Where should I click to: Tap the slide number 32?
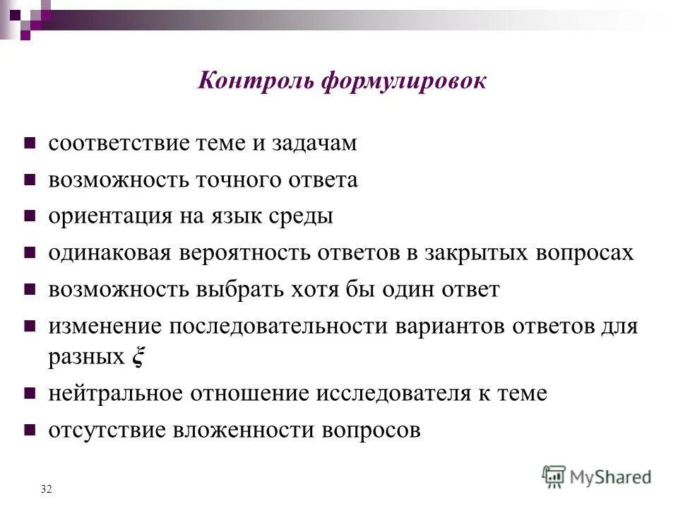[x=47, y=489]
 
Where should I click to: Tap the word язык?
[x=230, y=217]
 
